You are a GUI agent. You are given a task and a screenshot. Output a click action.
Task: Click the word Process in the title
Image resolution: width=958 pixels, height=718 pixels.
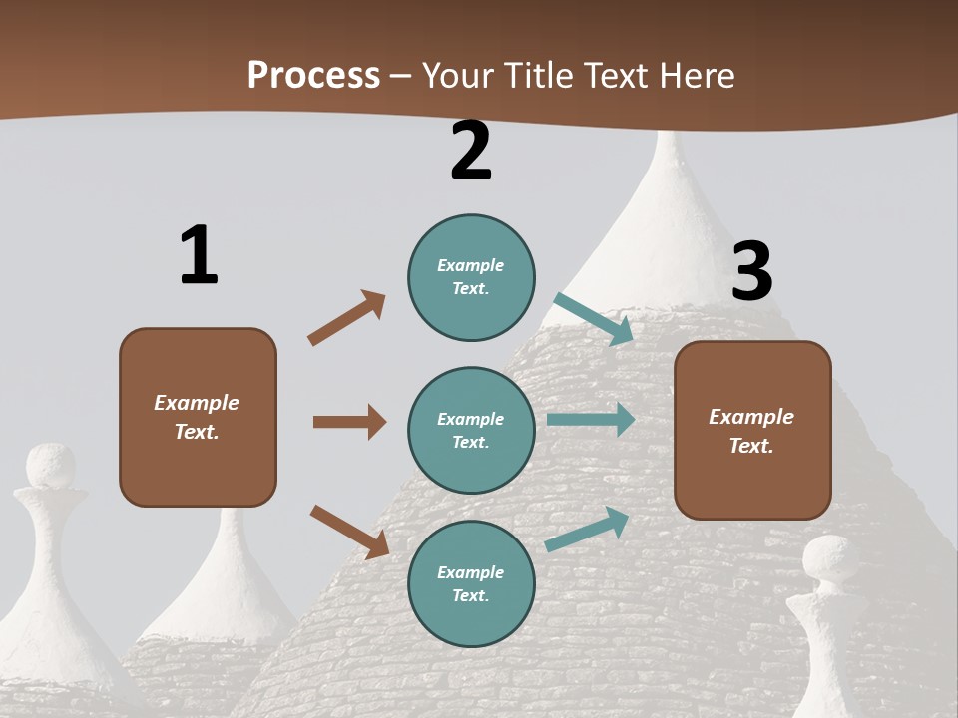click(x=313, y=75)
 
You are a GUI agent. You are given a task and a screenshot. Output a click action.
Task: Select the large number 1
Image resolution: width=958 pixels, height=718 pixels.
click(x=199, y=255)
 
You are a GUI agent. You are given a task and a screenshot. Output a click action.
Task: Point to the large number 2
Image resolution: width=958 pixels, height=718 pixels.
click(x=471, y=150)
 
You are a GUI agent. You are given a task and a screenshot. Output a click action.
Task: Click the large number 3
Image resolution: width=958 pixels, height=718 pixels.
click(x=751, y=271)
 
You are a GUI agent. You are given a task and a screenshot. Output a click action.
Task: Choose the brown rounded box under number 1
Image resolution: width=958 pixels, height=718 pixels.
click(x=198, y=417)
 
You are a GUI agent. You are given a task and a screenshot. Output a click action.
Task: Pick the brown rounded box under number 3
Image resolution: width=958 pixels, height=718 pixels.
click(x=752, y=430)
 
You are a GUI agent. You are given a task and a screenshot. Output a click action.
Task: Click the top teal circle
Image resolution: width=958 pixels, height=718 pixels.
click(x=471, y=277)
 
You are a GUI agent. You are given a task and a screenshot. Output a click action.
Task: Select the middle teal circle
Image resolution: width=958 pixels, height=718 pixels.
click(x=471, y=430)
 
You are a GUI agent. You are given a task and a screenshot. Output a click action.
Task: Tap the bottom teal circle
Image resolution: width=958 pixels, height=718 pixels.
click(x=471, y=583)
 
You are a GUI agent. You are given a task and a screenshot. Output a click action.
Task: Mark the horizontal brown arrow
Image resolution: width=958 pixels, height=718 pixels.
click(x=349, y=422)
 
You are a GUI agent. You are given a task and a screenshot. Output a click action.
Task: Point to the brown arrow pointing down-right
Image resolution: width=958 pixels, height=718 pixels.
click(x=349, y=532)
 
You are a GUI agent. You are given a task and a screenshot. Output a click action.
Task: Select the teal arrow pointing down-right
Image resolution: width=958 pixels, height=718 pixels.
click(x=594, y=319)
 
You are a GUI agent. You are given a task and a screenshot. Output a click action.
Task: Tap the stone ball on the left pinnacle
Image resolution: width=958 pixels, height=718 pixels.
click(x=50, y=466)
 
